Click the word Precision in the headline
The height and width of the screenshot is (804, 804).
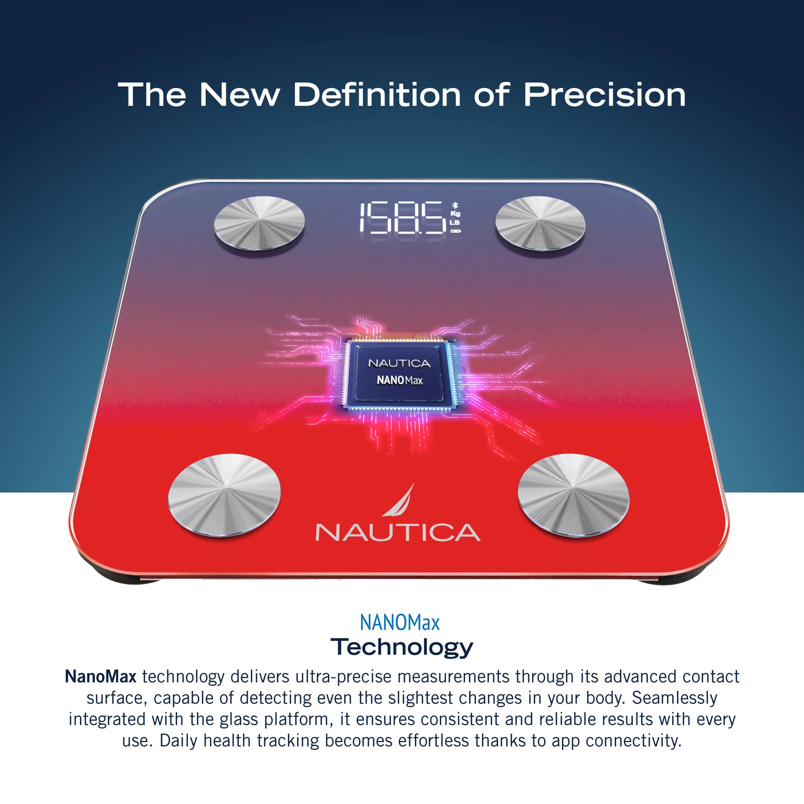[x=604, y=95]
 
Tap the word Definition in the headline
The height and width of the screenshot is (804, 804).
[x=377, y=95]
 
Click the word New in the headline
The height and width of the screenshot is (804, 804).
[x=239, y=95]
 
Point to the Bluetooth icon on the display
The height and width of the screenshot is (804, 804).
[x=455, y=205]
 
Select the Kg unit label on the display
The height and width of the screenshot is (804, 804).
[x=456, y=213]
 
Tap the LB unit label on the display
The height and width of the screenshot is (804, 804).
[x=456, y=223]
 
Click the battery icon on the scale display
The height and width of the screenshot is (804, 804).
[x=456, y=231]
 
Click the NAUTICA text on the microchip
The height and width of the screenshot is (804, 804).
[x=399, y=364]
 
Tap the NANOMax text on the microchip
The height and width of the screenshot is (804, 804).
[x=400, y=380]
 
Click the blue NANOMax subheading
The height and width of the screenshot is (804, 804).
[x=400, y=623]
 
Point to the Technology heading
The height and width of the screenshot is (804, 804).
[x=402, y=647]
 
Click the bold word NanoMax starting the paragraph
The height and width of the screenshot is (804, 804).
[x=100, y=677]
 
